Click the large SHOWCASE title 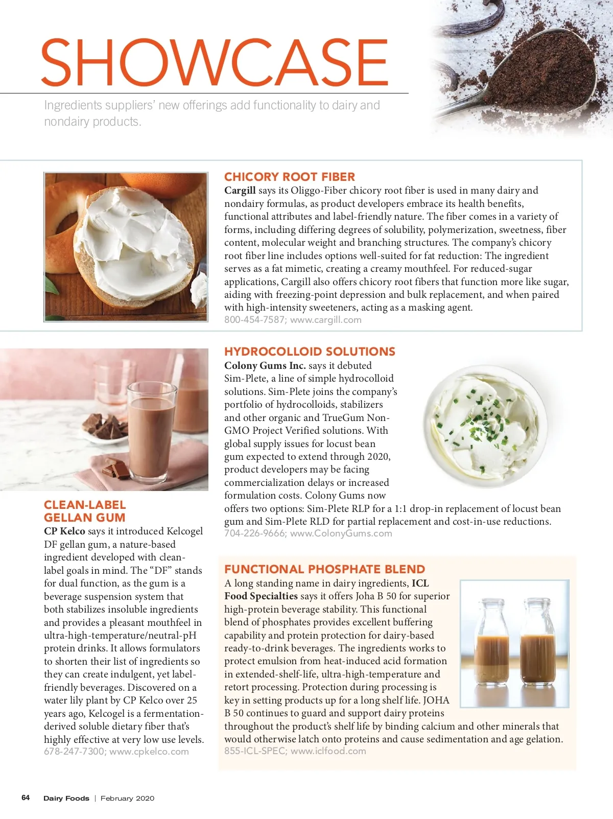[215, 62]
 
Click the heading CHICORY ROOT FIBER [289, 177]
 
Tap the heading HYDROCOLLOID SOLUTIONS [310, 352]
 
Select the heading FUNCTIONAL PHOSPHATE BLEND [324, 569]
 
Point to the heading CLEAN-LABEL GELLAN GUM [85, 511]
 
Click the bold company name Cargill [240, 191]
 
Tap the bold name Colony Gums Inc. [265, 366]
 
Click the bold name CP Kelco [64, 531]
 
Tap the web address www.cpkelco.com [149, 752]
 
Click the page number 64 [26, 798]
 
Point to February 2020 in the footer [127, 798]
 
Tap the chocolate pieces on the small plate [105, 427]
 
